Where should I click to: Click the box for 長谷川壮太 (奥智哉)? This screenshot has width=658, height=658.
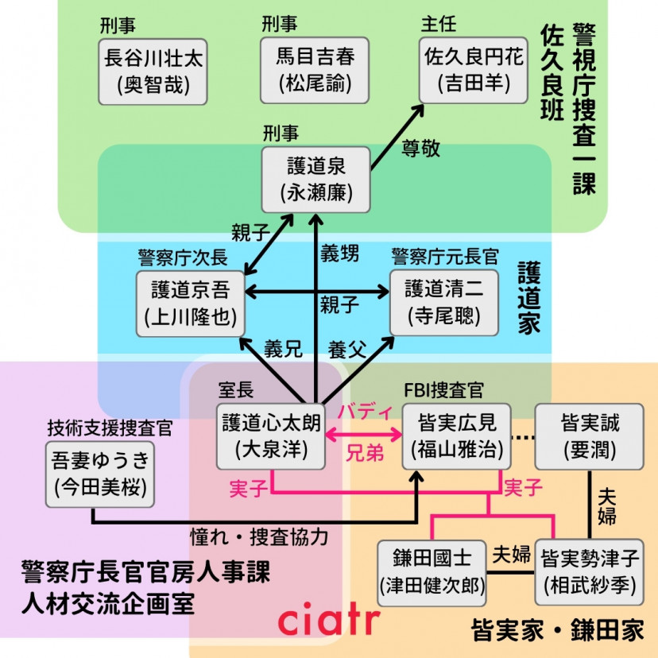[153, 72]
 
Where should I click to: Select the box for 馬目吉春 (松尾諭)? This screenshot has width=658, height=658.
[315, 72]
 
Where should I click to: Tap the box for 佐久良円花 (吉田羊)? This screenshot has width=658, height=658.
[474, 72]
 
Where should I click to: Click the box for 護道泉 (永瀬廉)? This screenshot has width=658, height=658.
[317, 180]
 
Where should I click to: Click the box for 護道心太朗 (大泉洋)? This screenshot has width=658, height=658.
[272, 436]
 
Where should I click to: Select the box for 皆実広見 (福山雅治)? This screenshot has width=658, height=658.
[456, 436]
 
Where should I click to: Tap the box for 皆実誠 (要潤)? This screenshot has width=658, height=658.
[589, 436]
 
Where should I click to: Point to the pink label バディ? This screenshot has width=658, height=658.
[366, 412]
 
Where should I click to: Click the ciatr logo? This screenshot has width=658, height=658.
[329, 620]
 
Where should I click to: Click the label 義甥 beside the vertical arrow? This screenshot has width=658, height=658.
[340, 254]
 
